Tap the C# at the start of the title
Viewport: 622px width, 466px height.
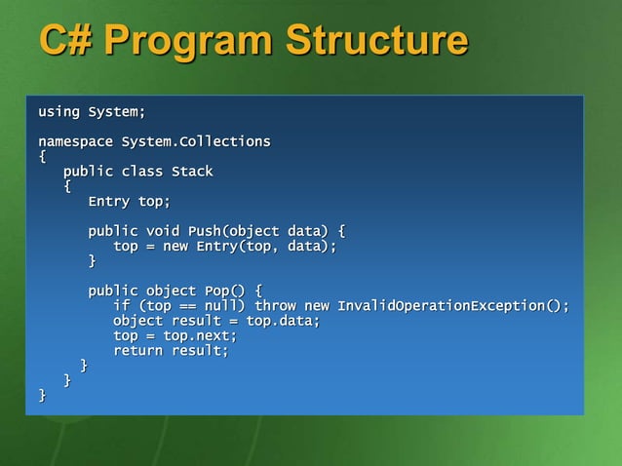click(65, 42)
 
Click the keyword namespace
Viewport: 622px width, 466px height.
click(75, 142)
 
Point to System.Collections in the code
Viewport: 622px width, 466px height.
click(196, 142)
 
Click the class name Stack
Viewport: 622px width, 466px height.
click(192, 173)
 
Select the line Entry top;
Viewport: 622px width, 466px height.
click(129, 202)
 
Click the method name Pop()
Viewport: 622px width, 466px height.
click(224, 291)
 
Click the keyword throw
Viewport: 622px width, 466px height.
click(275, 306)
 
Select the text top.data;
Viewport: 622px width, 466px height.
click(283, 321)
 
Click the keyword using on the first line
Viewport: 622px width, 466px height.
click(58, 112)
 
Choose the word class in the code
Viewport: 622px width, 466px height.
click(142, 173)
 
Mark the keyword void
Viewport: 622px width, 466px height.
click(163, 232)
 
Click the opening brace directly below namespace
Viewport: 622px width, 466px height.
click(42, 157)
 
